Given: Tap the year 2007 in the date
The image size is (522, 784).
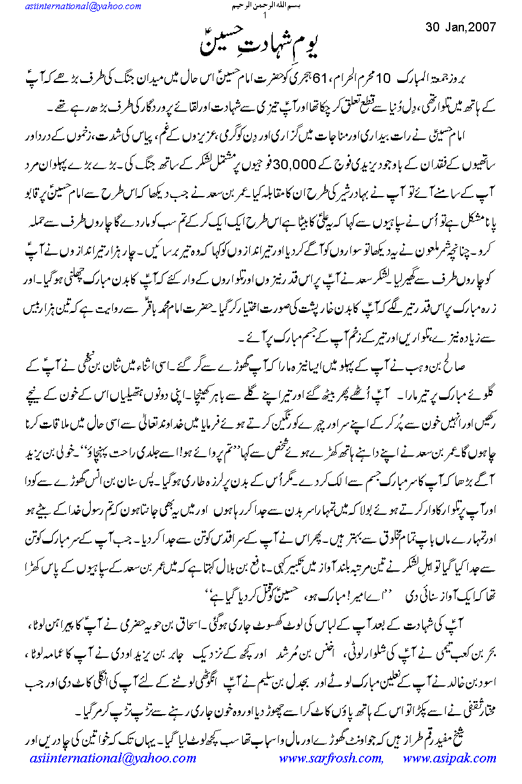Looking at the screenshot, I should click(x=480, y=27).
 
